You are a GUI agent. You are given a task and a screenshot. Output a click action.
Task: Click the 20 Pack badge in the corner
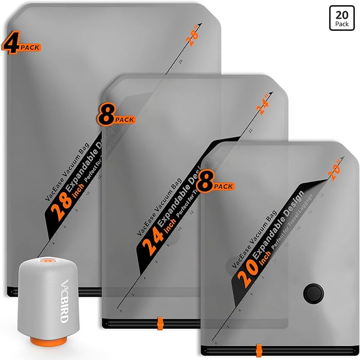(x=341, y=19)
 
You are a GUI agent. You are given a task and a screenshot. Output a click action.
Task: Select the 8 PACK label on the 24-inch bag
(x=115, y=117)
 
